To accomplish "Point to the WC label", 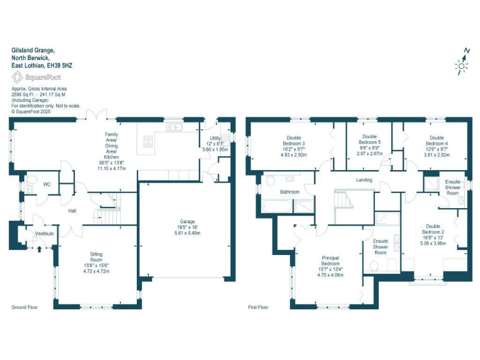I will pos(46,185).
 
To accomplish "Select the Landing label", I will pos(364,180).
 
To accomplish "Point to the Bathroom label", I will pos(289,192).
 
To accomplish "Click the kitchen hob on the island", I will pos(148,141).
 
